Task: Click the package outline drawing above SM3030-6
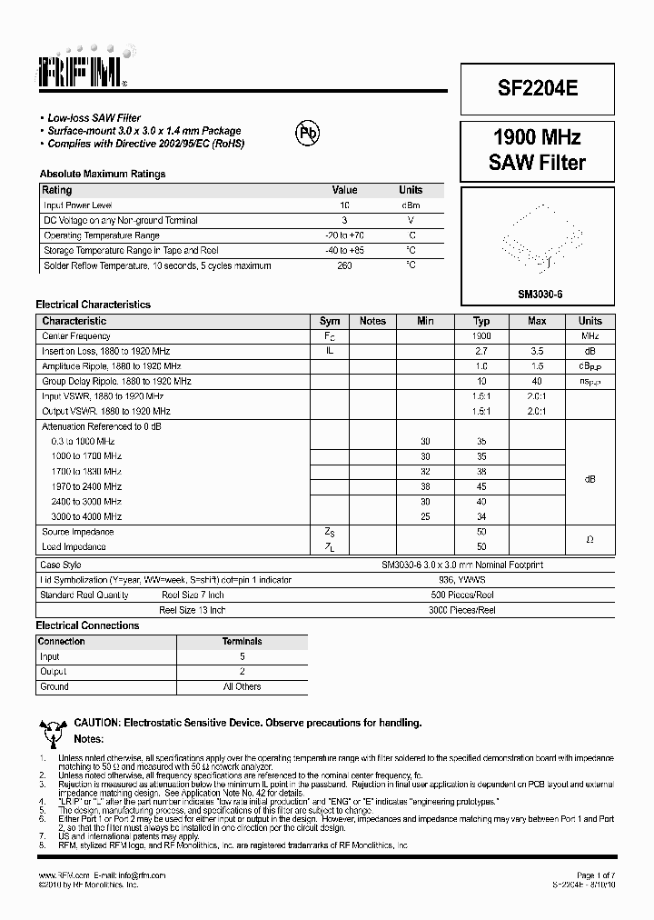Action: click(540, 238)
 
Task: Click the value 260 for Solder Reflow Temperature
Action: click(344, 265)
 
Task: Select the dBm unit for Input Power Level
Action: click(411, 205)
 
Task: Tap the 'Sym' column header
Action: click(330, 321)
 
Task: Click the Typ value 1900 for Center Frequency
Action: click(481, 335)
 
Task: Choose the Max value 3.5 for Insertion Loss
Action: click(537, 351)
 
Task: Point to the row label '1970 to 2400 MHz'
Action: click(86, 486)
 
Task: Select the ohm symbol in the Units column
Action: click(590, 539)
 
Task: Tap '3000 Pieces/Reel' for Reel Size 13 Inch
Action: click(461, 610)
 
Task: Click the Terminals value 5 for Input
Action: click(242, 656)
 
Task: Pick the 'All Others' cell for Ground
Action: click(242, 686)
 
